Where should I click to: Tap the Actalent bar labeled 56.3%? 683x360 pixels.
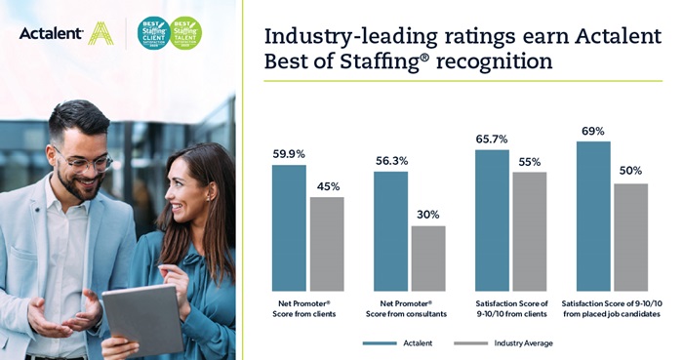[390, 231]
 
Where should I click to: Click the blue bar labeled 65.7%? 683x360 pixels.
[492, 220]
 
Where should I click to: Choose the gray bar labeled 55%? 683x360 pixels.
[530, 231]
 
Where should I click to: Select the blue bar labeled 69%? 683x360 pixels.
[593, 216]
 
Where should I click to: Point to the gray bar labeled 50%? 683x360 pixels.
[631, 237]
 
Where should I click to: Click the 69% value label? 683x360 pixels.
[592, 131]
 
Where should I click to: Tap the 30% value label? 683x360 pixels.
[428, 215]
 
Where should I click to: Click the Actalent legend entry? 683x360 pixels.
[394, 342]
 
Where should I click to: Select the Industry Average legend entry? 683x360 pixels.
[507, 342]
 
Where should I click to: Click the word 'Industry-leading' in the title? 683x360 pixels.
[332, 37]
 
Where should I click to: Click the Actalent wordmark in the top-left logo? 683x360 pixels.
[51, 34]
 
